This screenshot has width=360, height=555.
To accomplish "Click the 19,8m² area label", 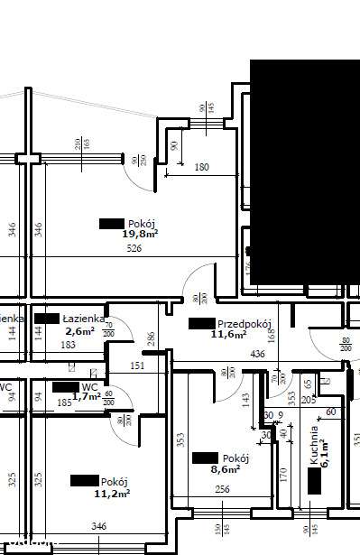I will pos(140,234).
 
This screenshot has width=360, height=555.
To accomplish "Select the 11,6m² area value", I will pos(228,334).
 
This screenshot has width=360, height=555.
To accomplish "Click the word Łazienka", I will pos(81,319).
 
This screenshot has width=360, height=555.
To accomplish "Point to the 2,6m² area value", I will pos(78,330).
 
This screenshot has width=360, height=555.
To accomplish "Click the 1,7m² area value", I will pos(87,396).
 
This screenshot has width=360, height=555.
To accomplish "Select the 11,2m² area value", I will pos(113,493).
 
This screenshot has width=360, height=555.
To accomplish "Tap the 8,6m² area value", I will pos(225,469).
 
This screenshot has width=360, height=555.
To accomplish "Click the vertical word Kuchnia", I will pos(314,445).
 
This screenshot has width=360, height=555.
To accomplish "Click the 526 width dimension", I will pos(134,248).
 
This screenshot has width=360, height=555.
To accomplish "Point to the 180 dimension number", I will pos(201,167).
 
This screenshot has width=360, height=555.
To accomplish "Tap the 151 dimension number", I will pos(137,365).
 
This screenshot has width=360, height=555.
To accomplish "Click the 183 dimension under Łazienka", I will pos(69,345).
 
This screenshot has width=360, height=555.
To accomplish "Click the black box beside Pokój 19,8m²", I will pos(111,223).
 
